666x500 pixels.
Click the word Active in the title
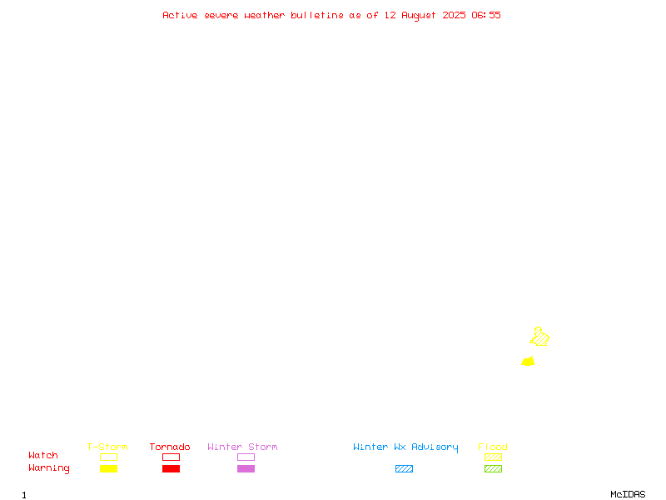(180, 15)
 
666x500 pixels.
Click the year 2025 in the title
(454, 15)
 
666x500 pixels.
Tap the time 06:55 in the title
(486, 15)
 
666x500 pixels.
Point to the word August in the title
(419, 16)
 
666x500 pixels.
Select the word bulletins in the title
(317, 15)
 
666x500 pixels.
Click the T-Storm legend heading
(107, 447)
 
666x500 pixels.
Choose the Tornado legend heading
(170, 447)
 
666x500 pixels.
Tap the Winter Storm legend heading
(242, 447)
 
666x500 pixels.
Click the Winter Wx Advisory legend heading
(405, 447)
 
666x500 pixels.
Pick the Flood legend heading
(493, 447)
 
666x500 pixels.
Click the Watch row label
(43, 455)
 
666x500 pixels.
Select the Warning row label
(49, 468)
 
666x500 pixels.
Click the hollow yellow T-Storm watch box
(109, 457)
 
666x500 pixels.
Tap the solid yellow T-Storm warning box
(109, 468)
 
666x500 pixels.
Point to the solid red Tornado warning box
(171, 468)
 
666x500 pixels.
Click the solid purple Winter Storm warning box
(246, 468)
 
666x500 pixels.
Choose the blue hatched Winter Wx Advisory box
(404, 468)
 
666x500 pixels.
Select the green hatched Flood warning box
(493, 468)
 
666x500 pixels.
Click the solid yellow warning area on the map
(528, 362)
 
